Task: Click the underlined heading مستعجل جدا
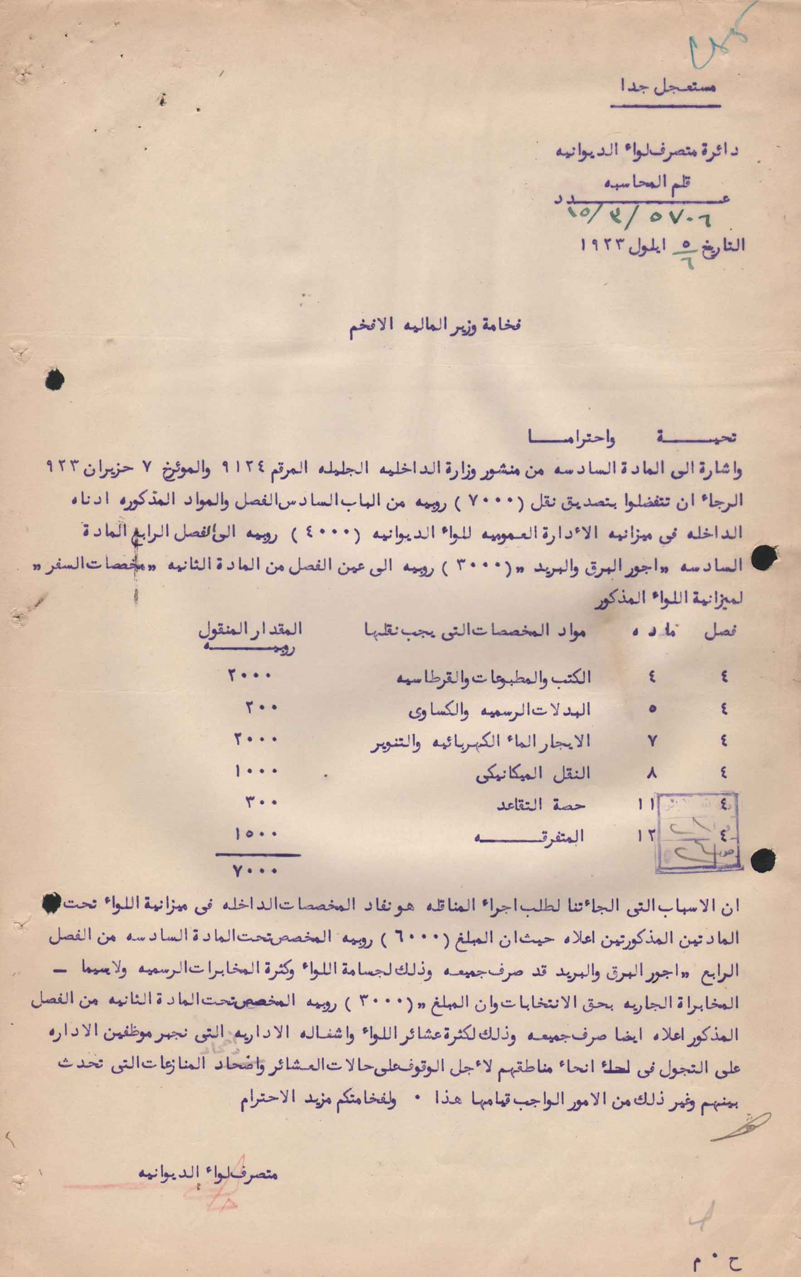click(x=672, y=86)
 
